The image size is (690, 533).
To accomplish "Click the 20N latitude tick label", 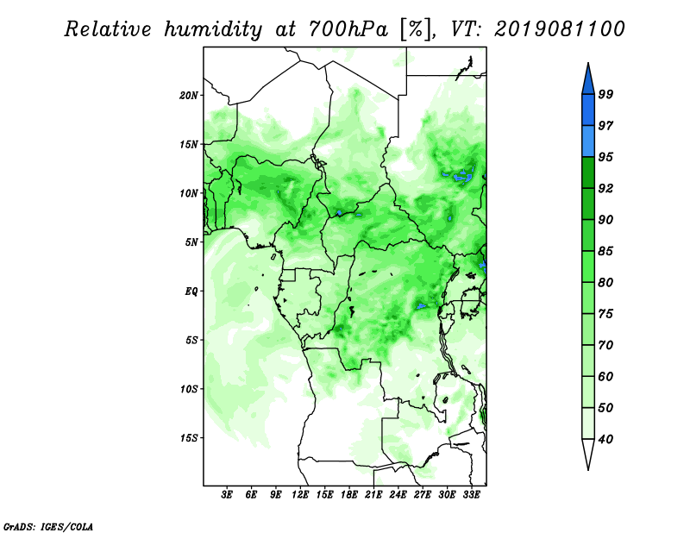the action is coord(189,96).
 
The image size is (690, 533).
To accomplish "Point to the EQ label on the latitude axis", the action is coord(191,292).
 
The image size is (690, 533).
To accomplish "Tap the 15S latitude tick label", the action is coord(189,438).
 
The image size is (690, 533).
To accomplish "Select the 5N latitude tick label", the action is coord(191,242).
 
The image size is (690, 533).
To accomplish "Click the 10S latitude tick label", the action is coord(189,389).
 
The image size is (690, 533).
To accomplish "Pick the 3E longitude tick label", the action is coord(227,494).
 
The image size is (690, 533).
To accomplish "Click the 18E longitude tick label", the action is coord(349,494).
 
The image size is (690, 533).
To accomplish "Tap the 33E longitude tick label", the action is coord(471,494).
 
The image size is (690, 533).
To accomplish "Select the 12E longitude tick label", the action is coord(300,494).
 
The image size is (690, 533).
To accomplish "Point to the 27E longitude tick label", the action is coord(423,494).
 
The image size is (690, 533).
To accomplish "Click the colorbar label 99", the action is coord(605,94).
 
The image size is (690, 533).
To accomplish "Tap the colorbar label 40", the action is coord(605,439).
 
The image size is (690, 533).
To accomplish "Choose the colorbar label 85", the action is coord(605,251).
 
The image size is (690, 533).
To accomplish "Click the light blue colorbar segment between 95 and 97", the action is coord(588,141).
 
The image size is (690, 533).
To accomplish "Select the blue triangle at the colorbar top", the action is coord(588,79).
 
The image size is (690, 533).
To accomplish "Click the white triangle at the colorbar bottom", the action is coord(588,455).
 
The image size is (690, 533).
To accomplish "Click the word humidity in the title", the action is coord(213,29).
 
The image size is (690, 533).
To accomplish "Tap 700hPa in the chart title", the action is coord(349,29).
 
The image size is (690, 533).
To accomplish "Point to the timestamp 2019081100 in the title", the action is coord(559,29).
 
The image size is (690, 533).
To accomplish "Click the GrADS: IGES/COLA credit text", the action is coord(48,526).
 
